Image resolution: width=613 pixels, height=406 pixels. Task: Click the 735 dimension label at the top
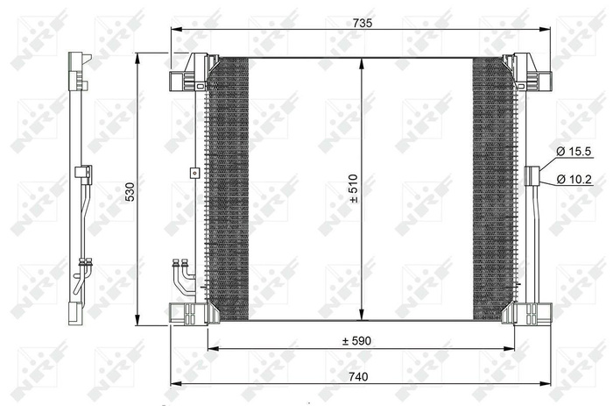pos(363,24)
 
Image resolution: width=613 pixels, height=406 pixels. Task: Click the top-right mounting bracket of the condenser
pos(528,75)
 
